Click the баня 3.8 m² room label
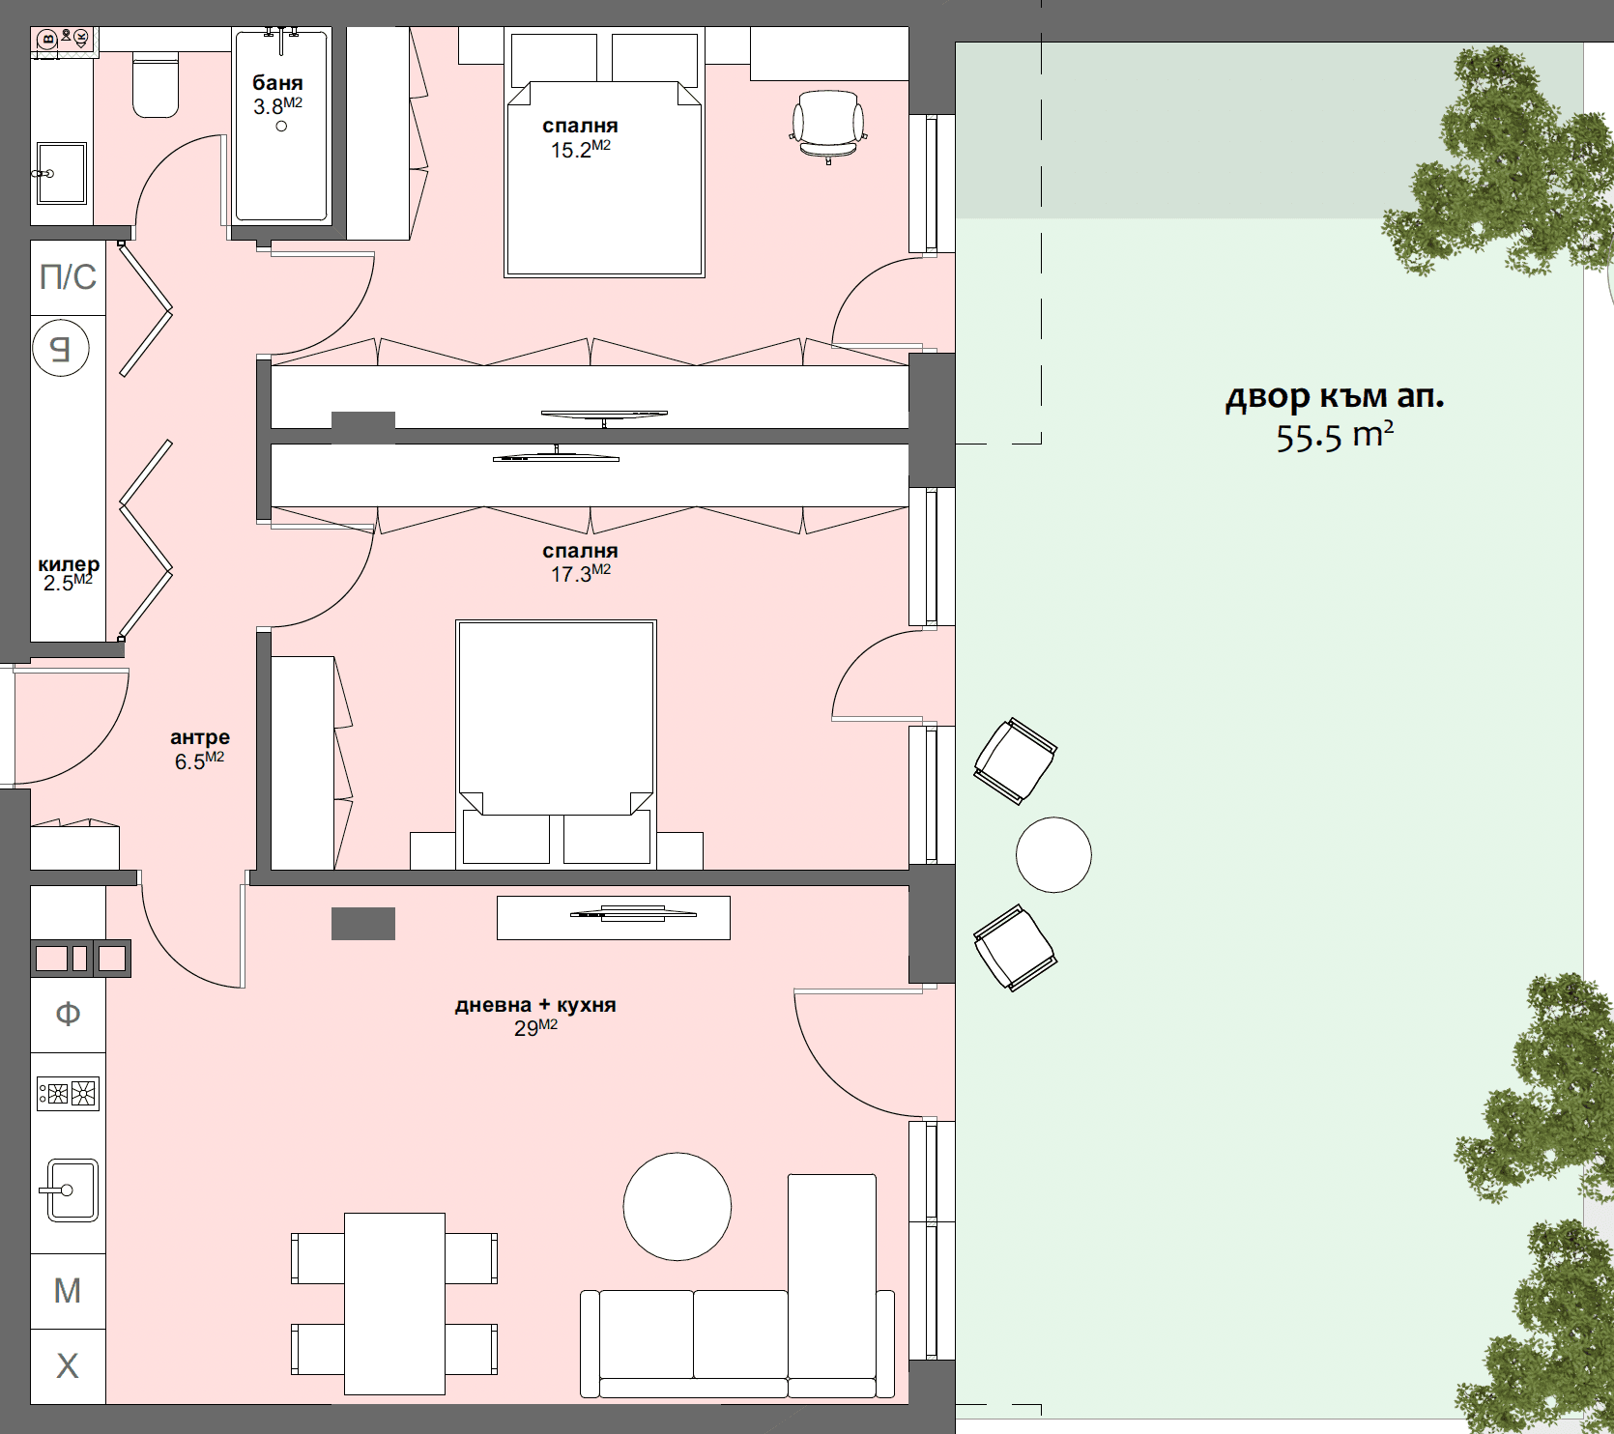[x=278, y=95]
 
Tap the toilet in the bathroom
[x=156, y=87]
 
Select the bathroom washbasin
[x=62, y=173]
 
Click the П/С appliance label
[x=68, y=277]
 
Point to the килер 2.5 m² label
[x=68, y=573]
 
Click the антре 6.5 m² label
[x=200, y=749]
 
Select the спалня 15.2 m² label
[x=580, y=137]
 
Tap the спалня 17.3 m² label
[x=580, y=561]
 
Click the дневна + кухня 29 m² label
[x=535, y=1016]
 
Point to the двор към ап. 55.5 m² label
[x=1335, y=416]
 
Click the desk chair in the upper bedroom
[x=828, y=124]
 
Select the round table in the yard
[x=1053, y=854]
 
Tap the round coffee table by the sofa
[x=677, y=1206]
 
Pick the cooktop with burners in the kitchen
[x=69, y=1093]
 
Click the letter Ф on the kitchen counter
[x=68, y=1014]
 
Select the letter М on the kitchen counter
[x=68, y=1290]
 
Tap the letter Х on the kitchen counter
[x=68, y=1365]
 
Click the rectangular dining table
[x=394, y=1303]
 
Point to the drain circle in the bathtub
[x=281, y=127]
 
